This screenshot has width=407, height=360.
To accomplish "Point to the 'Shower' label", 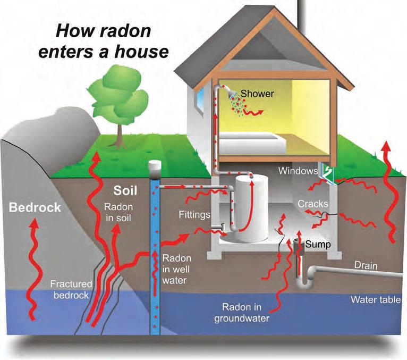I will (257, 94).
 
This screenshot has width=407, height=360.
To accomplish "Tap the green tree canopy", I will (119, 95).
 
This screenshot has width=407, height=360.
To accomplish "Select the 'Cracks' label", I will (313, 204).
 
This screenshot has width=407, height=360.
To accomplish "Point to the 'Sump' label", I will (317, 245).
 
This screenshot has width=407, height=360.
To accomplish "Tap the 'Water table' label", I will (375, 300).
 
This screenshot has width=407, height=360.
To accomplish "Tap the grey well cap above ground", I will (155, 170).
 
